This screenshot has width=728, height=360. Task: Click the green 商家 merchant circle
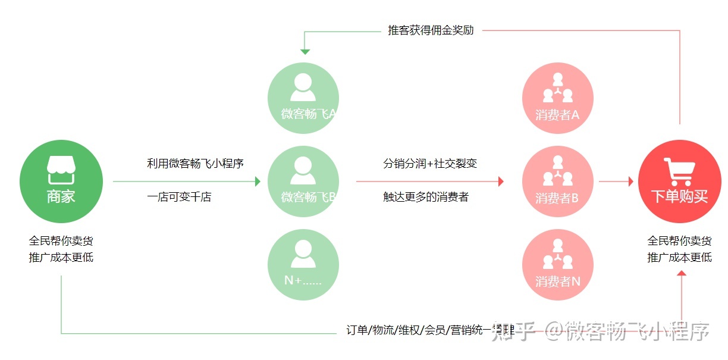pos(61,181)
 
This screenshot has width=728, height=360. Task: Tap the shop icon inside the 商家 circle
pos(61,170)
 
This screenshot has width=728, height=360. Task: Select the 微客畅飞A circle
pos(303,98)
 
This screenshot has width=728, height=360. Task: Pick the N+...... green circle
pos(303,265)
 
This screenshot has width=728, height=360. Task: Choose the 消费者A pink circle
pos(557,98)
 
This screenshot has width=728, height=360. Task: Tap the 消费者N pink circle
pos(557,265)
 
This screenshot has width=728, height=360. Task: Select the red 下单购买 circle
pos(680,181)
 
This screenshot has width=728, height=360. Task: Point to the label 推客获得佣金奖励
pos(431,30)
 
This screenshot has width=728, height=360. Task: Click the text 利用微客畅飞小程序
pos(196,163)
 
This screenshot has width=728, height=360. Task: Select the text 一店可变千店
pos(179,197)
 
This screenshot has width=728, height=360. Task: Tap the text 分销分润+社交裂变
pos(430,163)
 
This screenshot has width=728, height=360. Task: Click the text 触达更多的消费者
pos(426,197)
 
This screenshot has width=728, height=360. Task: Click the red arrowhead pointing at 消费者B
pos(501,181)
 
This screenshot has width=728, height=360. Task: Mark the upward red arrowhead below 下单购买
pos(682,273)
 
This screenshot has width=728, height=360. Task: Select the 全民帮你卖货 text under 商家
pos(61,241)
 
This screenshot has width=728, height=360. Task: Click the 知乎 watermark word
pos(512,331)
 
